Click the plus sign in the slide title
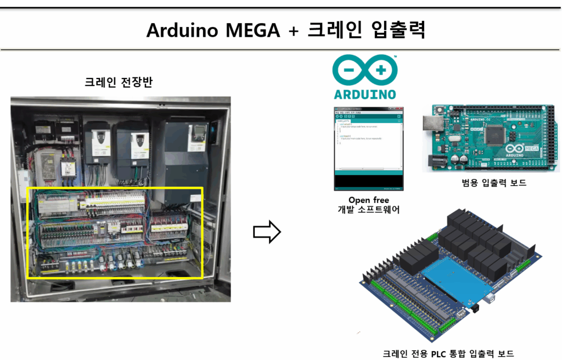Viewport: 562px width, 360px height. [293, 31]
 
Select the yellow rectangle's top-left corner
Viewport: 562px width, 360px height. [27, 188]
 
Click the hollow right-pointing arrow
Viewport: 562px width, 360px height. [267, 233]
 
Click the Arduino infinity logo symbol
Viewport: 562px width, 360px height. [366, 71]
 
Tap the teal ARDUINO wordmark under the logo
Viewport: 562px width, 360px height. [365, 93]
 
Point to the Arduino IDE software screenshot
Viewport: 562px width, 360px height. [368, 147]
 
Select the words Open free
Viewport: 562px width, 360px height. [369, 200]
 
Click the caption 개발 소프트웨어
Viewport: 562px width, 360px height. [369, 210]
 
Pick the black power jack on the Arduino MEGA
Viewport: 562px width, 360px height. [436, 160]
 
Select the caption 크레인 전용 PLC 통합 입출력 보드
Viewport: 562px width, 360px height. [448, 354]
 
